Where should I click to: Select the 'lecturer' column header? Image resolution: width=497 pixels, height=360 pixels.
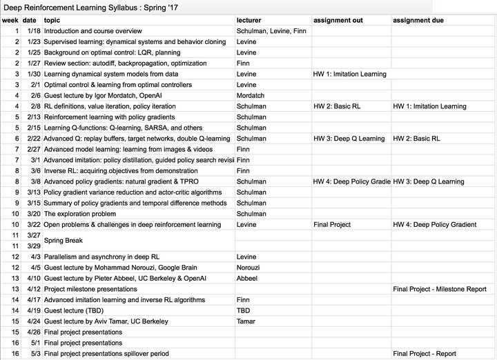point(248,21)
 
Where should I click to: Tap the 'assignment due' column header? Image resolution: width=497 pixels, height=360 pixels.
point(419,21)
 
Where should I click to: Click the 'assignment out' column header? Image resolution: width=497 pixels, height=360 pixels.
point(338,21)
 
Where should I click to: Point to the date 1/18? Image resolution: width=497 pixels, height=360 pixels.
point(33,31)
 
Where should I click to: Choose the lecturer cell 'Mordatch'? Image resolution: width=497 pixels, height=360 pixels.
point(251,96)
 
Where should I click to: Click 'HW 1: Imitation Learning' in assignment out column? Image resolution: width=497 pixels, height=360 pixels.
point(350,74)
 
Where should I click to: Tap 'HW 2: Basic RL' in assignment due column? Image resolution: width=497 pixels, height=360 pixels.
point(416,139)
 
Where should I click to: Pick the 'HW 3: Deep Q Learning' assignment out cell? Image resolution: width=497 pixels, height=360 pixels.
point(349,139)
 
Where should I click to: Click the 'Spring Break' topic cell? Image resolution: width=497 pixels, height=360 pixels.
point(64,241)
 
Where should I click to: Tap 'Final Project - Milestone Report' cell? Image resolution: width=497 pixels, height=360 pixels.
point(440,289)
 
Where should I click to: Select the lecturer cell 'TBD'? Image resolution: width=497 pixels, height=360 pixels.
point(243,310)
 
